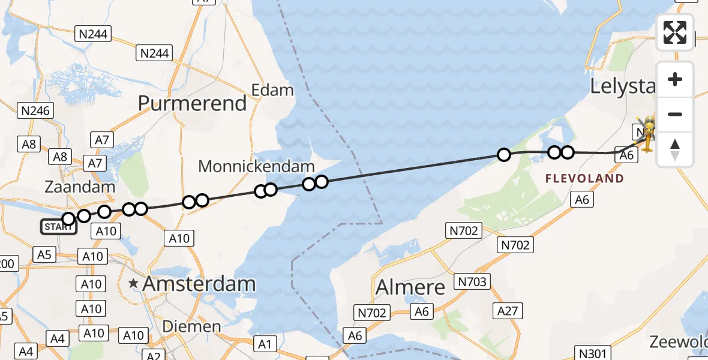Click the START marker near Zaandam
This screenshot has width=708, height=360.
pos(58,227)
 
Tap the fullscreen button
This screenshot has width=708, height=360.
pos(675,32)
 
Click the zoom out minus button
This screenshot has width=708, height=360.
pos(675,114)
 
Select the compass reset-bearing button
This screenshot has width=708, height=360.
pos(675,149)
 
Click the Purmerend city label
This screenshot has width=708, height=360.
pos(192,103)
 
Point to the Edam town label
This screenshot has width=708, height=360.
pos(272,91)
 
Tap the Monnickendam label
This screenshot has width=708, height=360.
pos(256,166)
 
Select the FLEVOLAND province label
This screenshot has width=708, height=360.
pos(584,178)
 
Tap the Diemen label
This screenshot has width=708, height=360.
pos(191,326)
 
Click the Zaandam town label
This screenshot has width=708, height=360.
pos(80,187)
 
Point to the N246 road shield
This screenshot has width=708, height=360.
pos(36,110)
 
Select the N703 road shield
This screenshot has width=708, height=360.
pos(473,281)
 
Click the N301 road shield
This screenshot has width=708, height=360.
pos(592,353)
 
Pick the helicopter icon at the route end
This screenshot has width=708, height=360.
pos(649,134)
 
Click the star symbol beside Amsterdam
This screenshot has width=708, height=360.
pos(133,283)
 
